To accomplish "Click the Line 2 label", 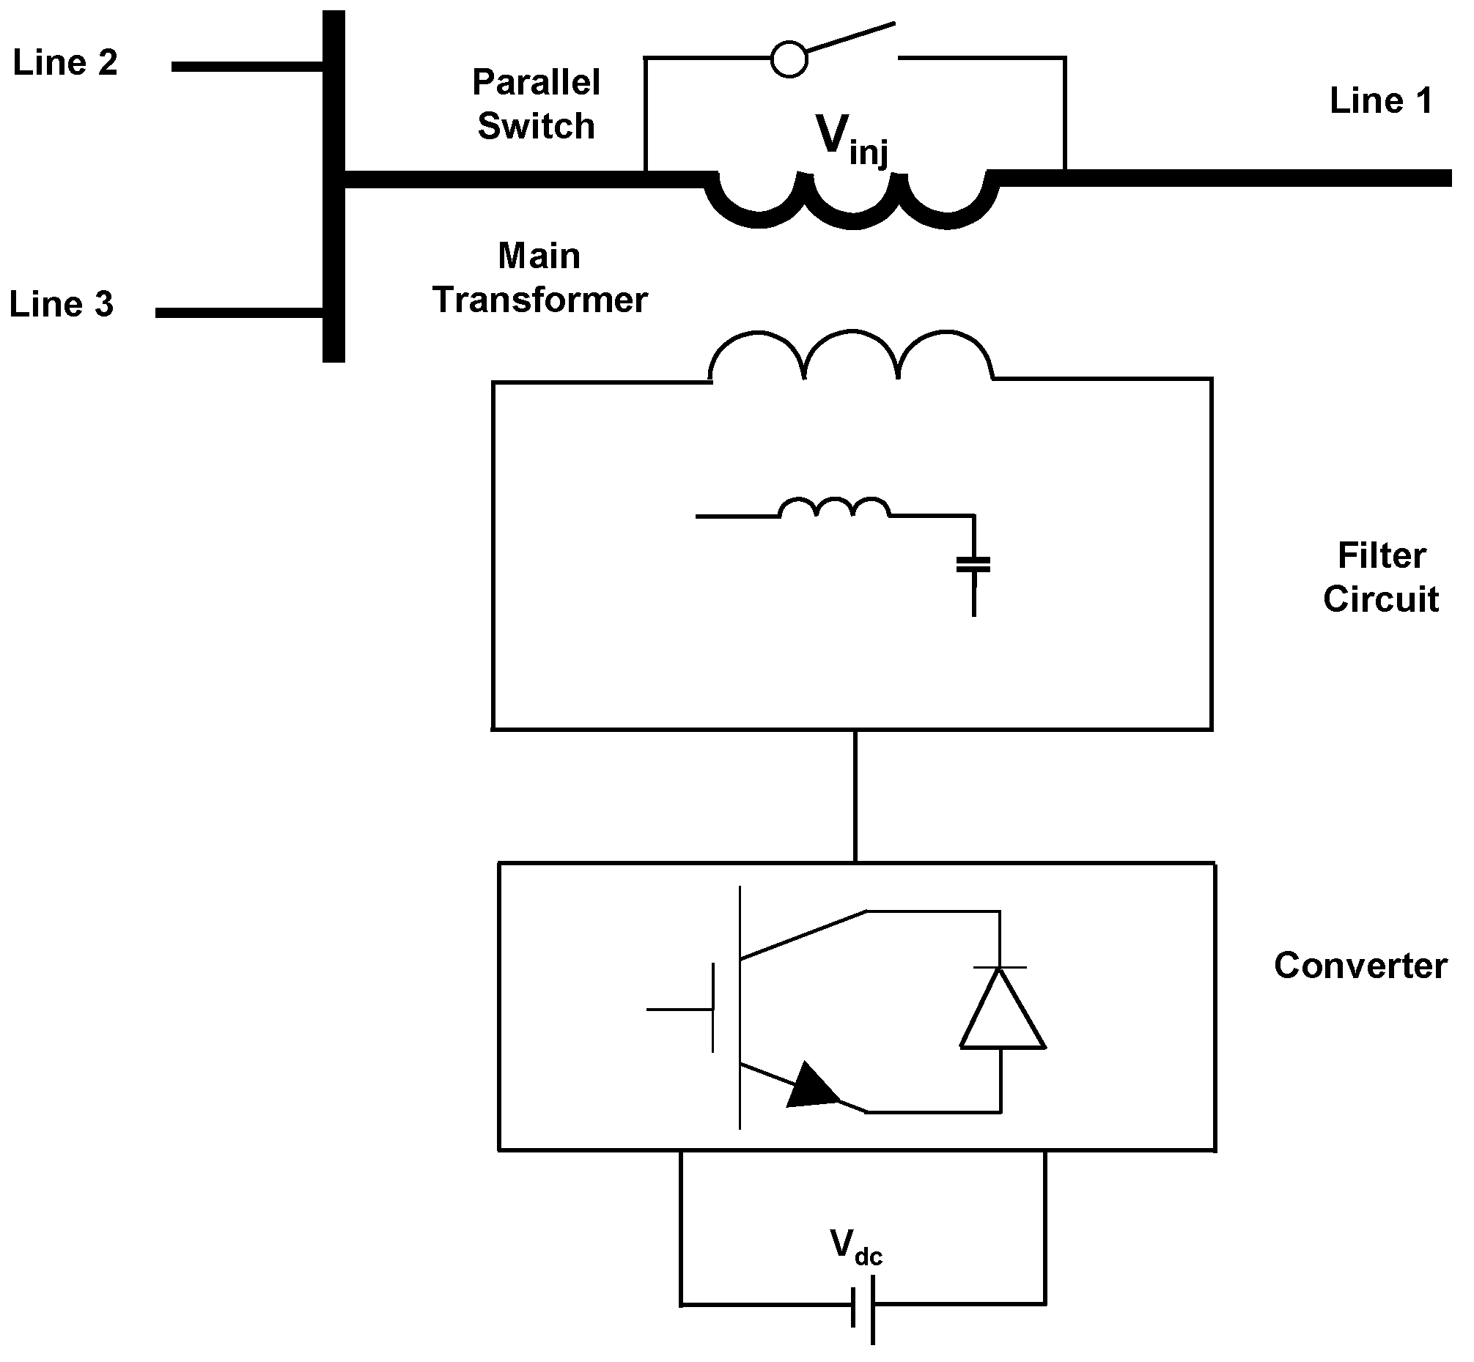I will pos(65,63).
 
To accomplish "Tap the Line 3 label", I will pos(61,303).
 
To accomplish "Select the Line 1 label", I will pos(1380,100).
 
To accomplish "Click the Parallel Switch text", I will pos(536,104).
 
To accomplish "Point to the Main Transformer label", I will pos(539,278).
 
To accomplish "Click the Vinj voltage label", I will pos(850,139).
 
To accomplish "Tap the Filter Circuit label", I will pos(1380,577).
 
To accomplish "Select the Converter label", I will pos(1360,966).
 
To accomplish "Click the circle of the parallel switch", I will pos(788,59).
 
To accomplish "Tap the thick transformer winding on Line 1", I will pos(852,203).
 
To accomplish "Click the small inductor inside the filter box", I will pos(834,508).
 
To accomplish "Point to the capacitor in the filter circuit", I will pos(973,566).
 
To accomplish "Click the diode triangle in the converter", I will pos(1001,1010).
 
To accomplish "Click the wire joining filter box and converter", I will pos(855,796).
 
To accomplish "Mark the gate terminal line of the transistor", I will pos(679,1009).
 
